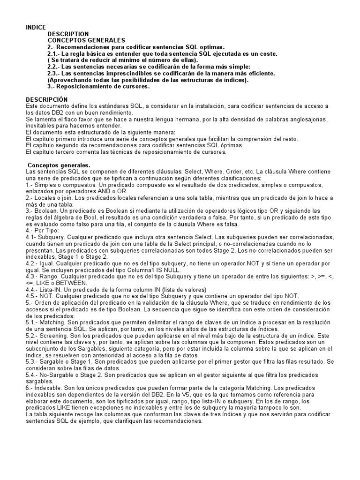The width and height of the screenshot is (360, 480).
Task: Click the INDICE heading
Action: [x=36, y=28]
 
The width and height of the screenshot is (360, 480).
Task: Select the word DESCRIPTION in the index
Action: [x=68, y=34]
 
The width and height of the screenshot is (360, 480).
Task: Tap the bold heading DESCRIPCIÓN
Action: [x=46, y=99]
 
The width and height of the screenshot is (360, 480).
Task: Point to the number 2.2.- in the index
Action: [x=55, y=67]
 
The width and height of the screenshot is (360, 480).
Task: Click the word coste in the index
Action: [x=267, y=54]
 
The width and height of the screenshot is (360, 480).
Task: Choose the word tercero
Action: [x=64, y=152]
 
